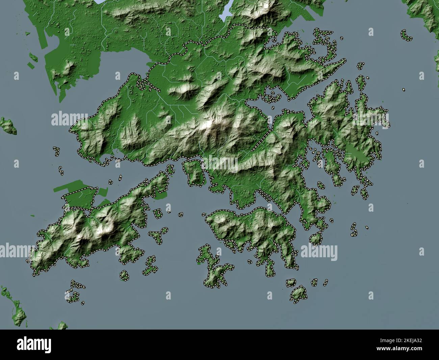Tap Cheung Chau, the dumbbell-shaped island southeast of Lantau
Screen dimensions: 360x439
(x=150, y=267)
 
